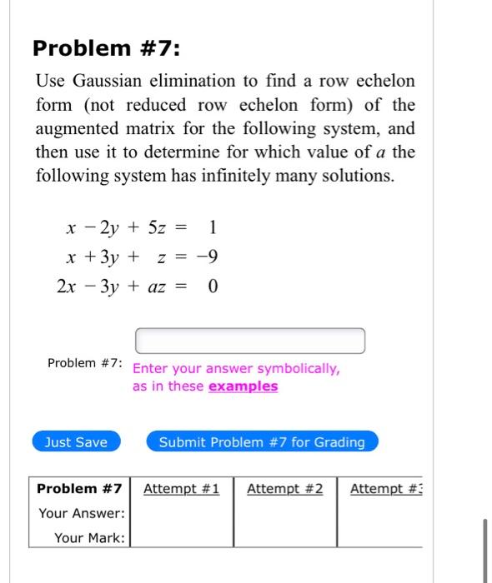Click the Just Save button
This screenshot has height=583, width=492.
click(76, 442)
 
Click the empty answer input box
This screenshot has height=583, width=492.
click(250, 341)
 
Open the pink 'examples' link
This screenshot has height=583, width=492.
click(243, 386)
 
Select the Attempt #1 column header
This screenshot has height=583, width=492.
click(181, 489)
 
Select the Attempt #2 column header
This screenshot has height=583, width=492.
click(284, 489)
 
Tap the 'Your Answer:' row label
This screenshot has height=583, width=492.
click(82, 513)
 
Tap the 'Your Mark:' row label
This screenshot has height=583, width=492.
click(89, 538)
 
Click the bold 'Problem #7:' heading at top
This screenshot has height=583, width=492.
click(106, 48)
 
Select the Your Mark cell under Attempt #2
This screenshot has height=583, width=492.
click(284, 538)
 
